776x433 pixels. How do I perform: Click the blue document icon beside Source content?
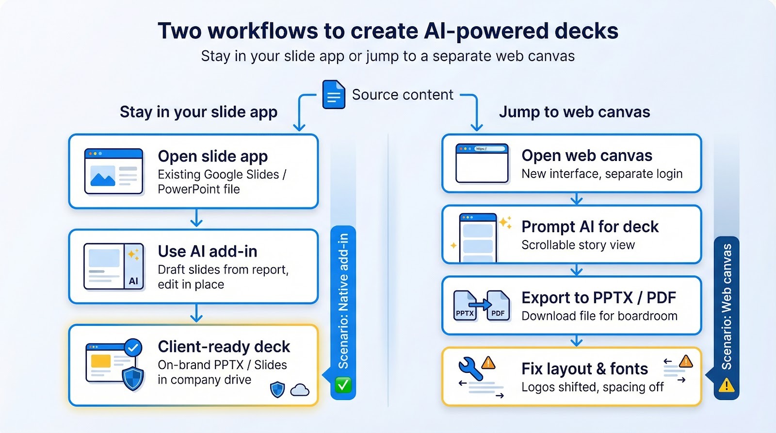334,95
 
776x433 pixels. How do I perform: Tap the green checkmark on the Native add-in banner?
343,385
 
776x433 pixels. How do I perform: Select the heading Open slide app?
212,156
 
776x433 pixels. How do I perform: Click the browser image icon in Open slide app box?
113,171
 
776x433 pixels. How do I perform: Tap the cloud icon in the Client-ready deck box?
300,390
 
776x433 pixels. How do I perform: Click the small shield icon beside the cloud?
277,389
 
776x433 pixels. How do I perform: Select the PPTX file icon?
465,306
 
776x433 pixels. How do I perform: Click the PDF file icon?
498,306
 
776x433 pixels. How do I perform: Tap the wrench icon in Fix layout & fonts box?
470,369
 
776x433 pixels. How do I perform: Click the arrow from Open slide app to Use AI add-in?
196,218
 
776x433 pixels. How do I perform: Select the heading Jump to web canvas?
574,112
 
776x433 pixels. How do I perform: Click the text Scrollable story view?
578,245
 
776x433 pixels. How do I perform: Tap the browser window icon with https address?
482,163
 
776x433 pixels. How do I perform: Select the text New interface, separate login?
601,174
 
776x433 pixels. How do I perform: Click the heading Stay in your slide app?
198,112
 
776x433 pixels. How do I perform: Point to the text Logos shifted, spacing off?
592,387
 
